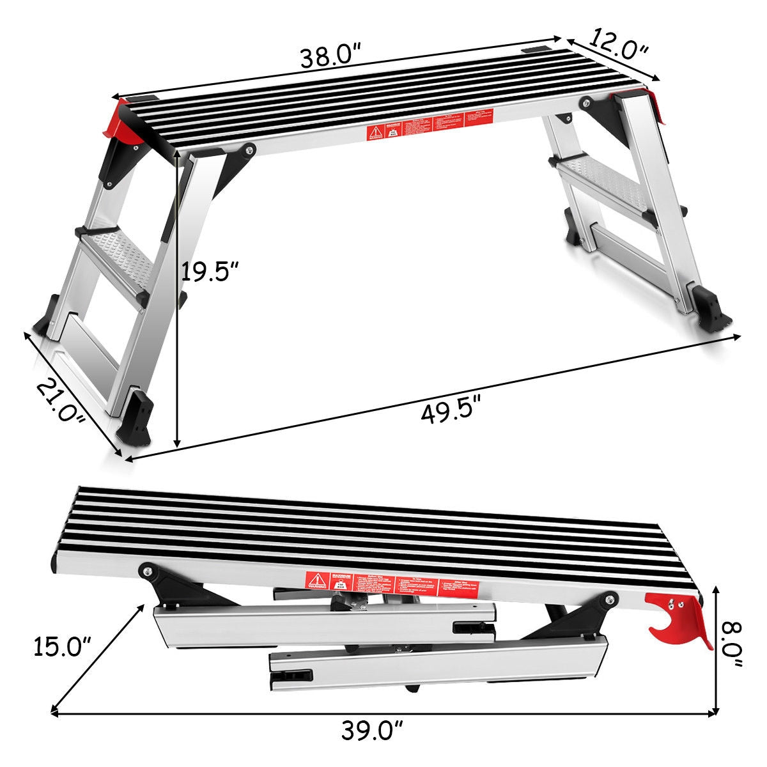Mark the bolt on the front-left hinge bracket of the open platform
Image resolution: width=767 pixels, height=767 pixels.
click(248, 150)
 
